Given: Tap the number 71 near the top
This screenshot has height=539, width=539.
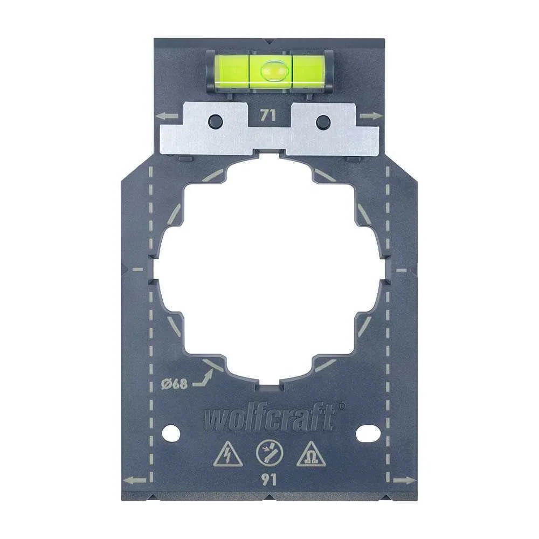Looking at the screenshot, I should pyautogui.click(x=268, y=115).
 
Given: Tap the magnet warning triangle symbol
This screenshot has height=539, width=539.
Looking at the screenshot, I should pyautogui.click(x=310, y=456).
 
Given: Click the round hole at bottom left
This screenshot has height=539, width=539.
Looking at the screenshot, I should pyautogui.click(x=170, y=432).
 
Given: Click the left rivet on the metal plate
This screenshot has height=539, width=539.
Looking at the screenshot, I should pyautogui.click(x=214, y=120).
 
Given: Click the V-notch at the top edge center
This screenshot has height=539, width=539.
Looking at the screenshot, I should pyautogui.click(x=269, y=42).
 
